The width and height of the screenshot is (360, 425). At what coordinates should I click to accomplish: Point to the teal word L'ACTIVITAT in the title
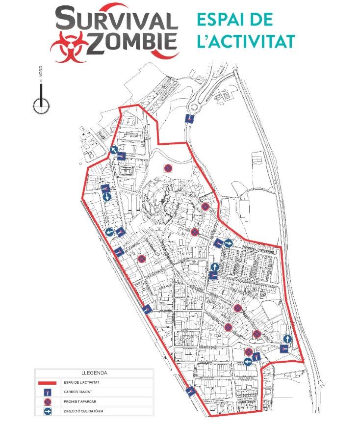246,41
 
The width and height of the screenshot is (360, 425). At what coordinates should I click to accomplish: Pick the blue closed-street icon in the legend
48,392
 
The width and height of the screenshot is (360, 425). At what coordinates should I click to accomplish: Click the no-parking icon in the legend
48,402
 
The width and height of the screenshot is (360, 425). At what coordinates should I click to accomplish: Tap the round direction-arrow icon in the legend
48,412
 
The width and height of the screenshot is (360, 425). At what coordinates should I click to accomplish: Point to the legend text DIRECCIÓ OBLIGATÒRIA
83,412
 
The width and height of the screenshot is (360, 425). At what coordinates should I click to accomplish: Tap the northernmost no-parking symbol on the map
168,168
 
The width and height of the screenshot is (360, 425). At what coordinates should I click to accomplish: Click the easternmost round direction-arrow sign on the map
287,339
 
